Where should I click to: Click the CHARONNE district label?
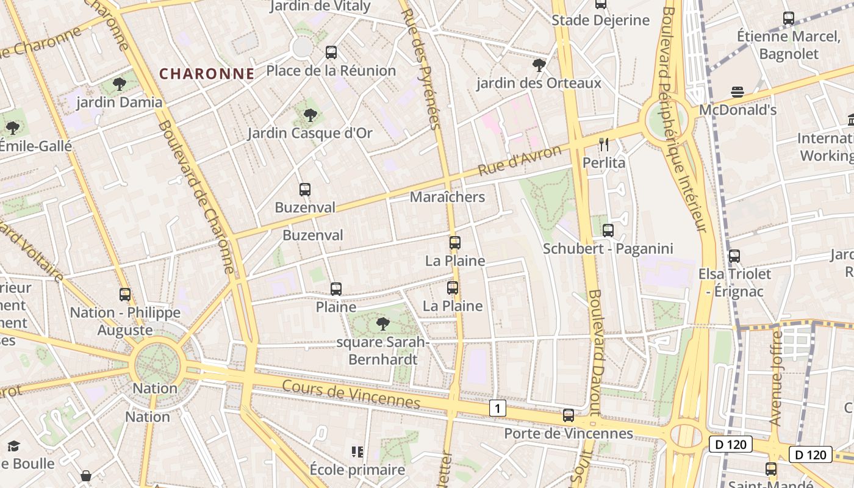pos(207,74)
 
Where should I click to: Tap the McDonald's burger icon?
pos(737,92)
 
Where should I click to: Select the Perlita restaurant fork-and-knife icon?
pos(604,145)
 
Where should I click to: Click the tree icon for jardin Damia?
pos(120,84)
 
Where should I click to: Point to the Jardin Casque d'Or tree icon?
pos(310,115)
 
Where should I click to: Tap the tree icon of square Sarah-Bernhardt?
pos(382,323)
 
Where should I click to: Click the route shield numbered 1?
pos(498,408)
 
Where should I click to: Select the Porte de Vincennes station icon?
pos(569,415)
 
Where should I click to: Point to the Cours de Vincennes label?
pos(351,393)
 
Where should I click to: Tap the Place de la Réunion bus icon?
pos(331,52)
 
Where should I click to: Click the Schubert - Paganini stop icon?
pos(608,231)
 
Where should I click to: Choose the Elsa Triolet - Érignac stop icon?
pos(734,256)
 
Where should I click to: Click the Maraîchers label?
pos(447,197)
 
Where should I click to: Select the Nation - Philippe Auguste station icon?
pos(125,295)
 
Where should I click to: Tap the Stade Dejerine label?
pos(600,20)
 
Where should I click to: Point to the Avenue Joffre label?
pos(776,378)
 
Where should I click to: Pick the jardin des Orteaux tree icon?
pos(539,65)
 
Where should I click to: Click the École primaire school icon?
pos(357,452)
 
